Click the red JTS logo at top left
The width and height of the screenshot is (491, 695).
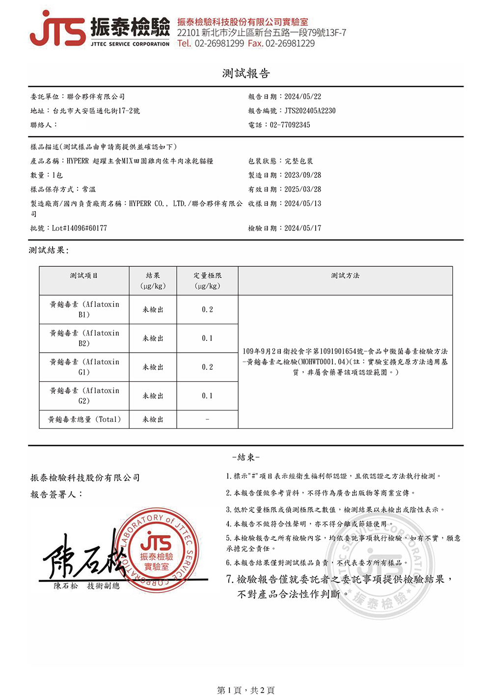[58, 29]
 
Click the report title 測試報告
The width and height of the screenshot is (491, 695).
[246, 74]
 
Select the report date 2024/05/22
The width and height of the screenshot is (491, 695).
[303, 97]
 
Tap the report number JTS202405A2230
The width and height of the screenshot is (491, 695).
[310, 111]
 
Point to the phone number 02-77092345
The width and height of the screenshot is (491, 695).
[290, 125]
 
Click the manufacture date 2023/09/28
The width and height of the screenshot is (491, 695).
[303, 175]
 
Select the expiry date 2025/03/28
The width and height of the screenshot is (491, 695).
[303, 190]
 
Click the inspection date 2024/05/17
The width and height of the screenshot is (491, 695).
[303, 228]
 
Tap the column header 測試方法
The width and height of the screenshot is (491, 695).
[345, 276]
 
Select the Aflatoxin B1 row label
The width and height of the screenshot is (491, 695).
[84, 309]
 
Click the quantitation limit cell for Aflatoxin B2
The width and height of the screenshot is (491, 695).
[207, 338]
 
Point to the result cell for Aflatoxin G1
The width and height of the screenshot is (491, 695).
[153, 367]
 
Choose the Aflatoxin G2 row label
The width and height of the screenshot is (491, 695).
[84, 396]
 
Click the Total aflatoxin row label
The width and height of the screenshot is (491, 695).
[84, 419]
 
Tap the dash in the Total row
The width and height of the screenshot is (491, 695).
[207, 419]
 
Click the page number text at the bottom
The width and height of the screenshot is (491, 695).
[245, 690]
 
